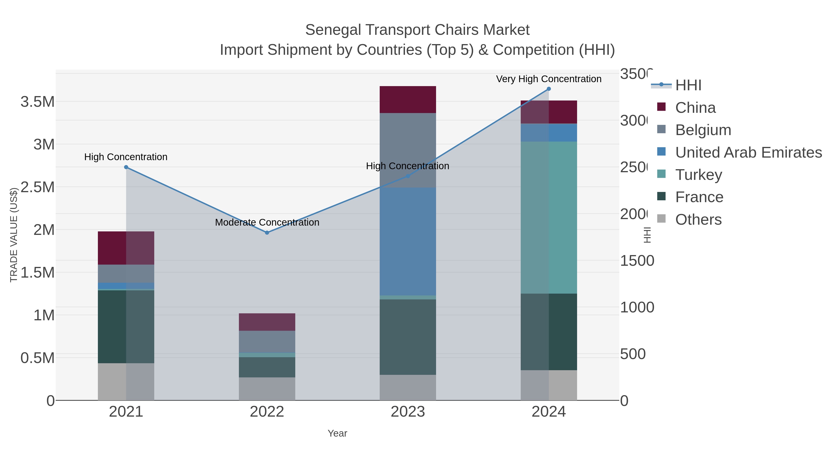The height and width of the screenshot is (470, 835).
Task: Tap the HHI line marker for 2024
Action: point(549,89)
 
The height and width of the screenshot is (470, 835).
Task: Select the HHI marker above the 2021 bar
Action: point(126,167)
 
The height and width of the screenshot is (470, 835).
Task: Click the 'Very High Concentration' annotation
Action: point(549,79)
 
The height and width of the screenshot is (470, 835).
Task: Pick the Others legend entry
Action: point(698,220)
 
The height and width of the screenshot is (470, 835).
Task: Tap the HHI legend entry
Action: point(688,85)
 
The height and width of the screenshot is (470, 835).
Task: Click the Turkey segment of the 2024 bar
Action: point(549,217)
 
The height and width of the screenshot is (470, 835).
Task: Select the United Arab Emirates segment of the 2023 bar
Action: point(408,241)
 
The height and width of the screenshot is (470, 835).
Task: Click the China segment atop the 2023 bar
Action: point(408,100)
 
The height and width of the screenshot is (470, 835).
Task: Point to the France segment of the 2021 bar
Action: point(126,326)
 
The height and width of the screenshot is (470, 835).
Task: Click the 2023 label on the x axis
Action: point(408,412)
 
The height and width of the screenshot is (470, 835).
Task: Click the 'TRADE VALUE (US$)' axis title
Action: point(14,235)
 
